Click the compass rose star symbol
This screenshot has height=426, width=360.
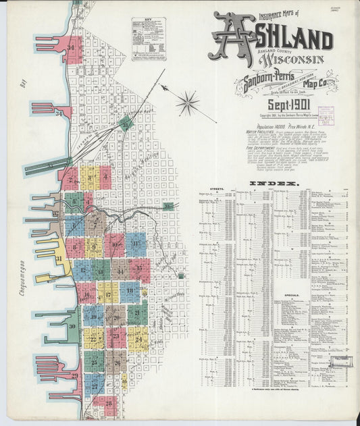[x=188, y=103]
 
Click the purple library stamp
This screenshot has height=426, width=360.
[x=327, y=116]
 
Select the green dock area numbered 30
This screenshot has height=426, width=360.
[x=72, y=327]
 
